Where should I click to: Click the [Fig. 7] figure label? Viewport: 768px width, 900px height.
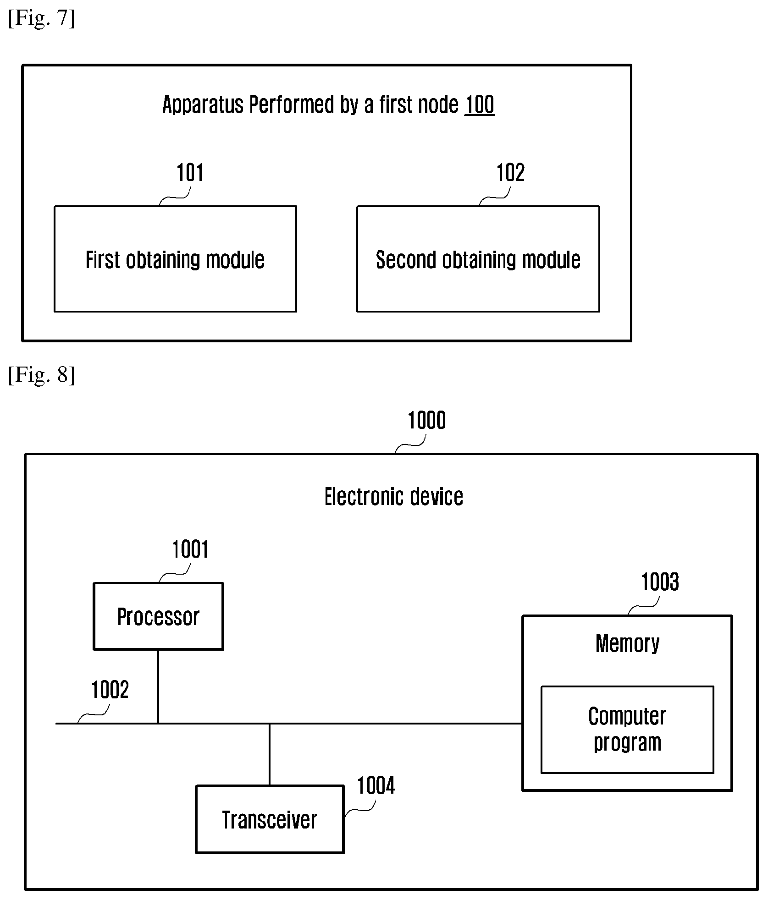[x=41, y=19]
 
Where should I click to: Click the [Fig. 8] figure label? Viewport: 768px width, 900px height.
[x=41, y=374]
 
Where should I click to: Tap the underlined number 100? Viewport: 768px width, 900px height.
[x=480, y=104]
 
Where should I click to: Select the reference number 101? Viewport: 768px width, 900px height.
[x=190, y=173]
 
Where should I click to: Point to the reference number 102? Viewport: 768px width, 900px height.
[x=510, y=173]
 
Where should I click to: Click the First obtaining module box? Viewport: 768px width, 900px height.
[x=175, y=259]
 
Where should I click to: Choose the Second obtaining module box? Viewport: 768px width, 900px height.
[x=478, y=259]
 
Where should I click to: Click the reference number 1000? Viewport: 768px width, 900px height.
[x=427, y=420]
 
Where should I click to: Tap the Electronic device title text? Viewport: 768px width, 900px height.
[x=394, y=497]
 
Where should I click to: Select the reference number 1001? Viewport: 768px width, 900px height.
[x=190, y=549]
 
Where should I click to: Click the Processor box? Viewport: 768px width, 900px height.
[x=158, y=616]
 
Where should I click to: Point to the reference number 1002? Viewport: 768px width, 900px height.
[x=110, y=690]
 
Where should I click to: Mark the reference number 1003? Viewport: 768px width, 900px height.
[x=660, y=582]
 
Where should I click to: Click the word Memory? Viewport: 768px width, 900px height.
[x=627, y=643]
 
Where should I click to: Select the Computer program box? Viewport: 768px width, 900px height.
[x=627, y=730]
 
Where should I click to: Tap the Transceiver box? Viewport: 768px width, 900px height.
[x=270, y=820]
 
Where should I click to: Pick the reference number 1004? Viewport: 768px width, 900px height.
[x=376, y=786]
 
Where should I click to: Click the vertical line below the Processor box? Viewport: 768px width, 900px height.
[x=158, y=687]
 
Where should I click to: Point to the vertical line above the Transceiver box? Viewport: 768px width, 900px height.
[x=269, y=755]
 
